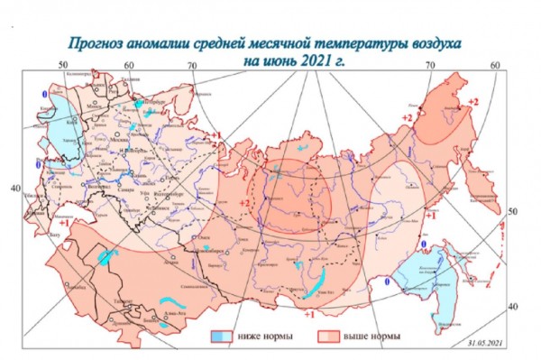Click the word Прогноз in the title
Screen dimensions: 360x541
99,43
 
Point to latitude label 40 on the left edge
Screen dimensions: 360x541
14,188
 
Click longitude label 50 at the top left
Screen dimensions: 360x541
62,65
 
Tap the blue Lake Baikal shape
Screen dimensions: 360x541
313,287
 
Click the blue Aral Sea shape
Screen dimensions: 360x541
107,256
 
